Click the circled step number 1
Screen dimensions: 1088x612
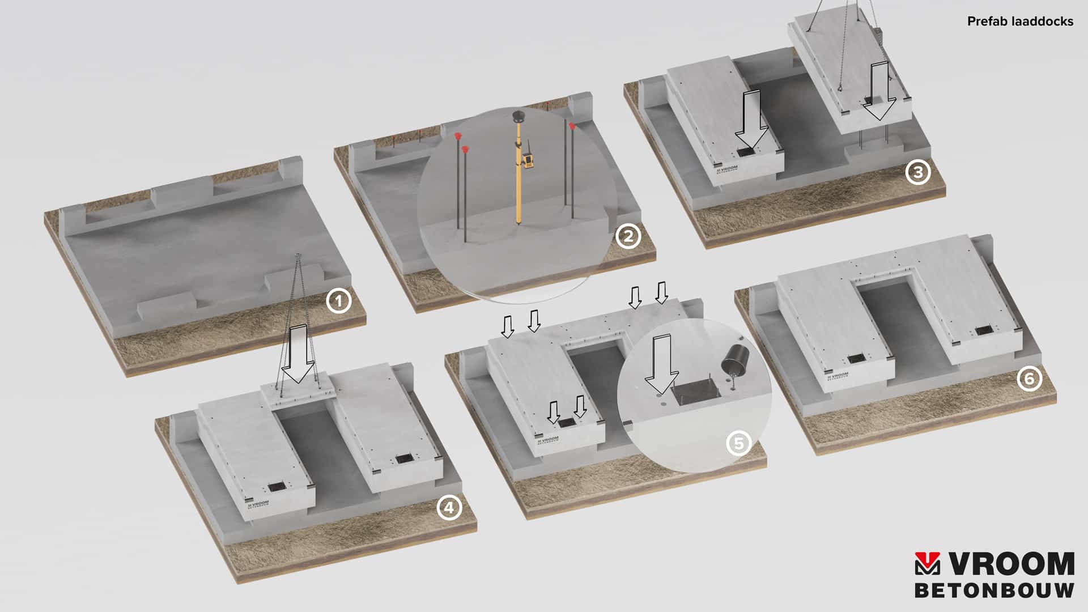339,301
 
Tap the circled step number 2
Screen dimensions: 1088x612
628,236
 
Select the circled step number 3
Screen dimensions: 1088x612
917,172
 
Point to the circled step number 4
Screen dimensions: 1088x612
449,508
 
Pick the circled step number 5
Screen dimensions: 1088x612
738,443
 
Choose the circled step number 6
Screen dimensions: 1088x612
1029,379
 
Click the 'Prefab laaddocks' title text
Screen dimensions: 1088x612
1020,22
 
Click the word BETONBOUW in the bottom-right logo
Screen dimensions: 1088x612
994,590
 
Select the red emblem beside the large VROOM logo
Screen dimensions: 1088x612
928,564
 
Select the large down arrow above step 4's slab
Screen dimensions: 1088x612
298,354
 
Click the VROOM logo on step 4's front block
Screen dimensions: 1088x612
258,503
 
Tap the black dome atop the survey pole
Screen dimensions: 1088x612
518,116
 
